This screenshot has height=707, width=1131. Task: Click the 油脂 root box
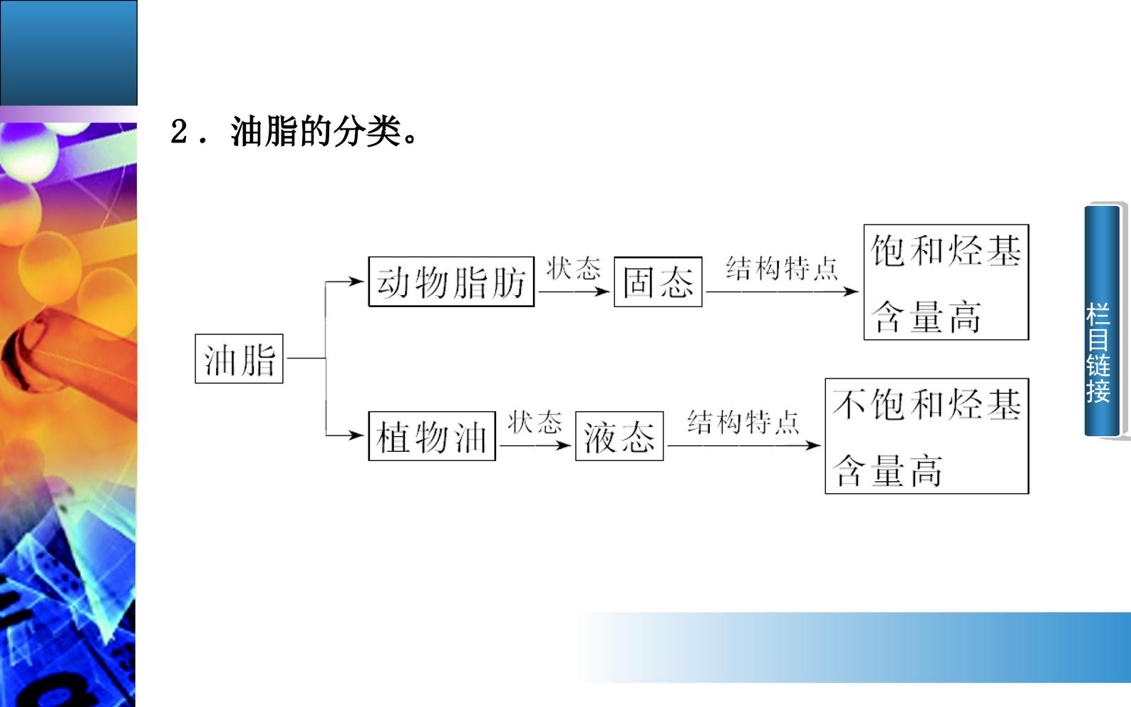click(239, 358)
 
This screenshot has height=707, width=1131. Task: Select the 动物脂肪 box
click(451, 282)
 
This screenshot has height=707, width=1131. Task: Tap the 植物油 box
click(432, 435)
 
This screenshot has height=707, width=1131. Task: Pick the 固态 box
click(658, 282)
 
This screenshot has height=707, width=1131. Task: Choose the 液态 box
click(619, 435)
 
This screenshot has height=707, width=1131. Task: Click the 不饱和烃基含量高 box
click(926, 435)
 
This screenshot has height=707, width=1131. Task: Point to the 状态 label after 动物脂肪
click(574, 268)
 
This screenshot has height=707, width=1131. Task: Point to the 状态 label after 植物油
click(534, 422)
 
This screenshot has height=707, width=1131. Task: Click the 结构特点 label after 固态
click(782, 268)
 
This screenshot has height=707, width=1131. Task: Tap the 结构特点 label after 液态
click(743, 422)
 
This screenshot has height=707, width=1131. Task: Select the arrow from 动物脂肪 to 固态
click(574, 291)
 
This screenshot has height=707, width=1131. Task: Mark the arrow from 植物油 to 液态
click(535, 445)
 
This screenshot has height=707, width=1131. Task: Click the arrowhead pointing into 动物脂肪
click(358, 282)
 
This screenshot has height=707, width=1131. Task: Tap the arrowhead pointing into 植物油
click(358, 435)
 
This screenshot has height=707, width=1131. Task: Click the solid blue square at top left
click(68, 53)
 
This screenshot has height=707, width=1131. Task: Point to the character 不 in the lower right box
click(849, 405)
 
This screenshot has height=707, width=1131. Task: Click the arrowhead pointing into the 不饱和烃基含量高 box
click(813, 445)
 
